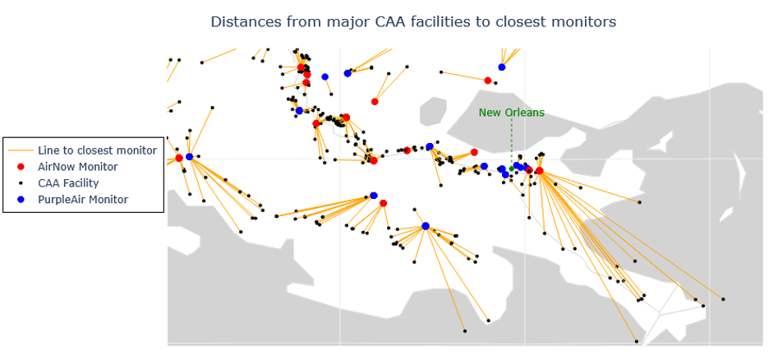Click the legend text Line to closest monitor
97,150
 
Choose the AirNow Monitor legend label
78,167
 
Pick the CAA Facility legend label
68,182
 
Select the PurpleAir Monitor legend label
83,199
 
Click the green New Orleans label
511,113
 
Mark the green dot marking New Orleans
511,168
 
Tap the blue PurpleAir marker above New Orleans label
501,67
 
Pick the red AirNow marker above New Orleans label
488,81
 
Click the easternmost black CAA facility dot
723,299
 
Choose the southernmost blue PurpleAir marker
425,226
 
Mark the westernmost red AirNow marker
179,158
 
